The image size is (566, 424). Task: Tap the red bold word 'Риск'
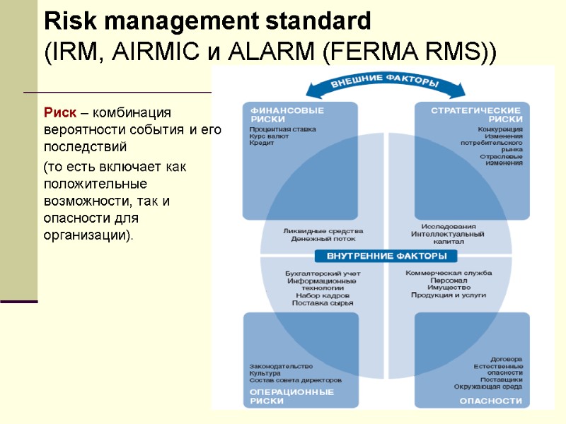point(64,112)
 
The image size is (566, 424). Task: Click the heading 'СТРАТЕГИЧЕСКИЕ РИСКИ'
point(476,114)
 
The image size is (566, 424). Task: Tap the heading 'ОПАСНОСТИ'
point(491,401)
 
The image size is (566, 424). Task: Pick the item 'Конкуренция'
point(500,129)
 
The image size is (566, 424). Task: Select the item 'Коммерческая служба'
point(449,273)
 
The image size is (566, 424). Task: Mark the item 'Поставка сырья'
point(323,302)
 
